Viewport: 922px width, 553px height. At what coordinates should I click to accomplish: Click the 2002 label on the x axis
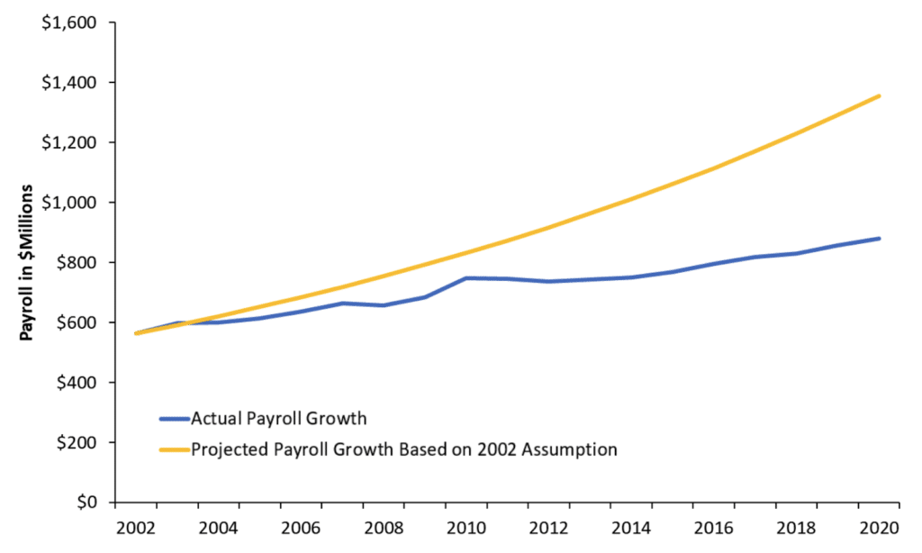pyautogui.click(x=131, y=527)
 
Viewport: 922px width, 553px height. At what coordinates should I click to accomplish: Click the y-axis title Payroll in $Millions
pyautogui.click(x=27, y=262)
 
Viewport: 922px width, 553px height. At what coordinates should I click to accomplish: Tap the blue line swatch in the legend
pyautogui.click(x=173, y=418)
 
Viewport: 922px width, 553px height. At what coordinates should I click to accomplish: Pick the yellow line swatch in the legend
pyautogui.click(x=173, y=449)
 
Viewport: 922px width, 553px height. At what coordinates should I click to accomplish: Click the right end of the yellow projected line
pyautogui.click(x=879, y=95)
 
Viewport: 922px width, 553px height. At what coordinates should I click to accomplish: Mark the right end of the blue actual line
pyautogui.click(x=879, y=239)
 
